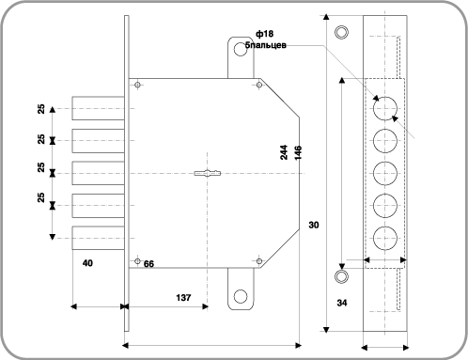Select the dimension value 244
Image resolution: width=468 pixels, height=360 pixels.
(x=284, y=153)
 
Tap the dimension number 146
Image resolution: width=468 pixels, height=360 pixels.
(x=298, y=153)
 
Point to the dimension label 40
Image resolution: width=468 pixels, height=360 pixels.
(x=87, y=264)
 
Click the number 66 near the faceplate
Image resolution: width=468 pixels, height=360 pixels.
(x=148, y=264)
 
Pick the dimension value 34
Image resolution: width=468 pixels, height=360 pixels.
(x=341, y=303)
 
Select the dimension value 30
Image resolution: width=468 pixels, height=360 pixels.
(x=314, y=225)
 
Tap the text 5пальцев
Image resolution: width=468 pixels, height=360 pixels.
(x=266, y=44)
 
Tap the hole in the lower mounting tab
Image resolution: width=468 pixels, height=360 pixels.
(x=241, y=295)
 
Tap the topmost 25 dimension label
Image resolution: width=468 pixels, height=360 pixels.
(x=40, y=108)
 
